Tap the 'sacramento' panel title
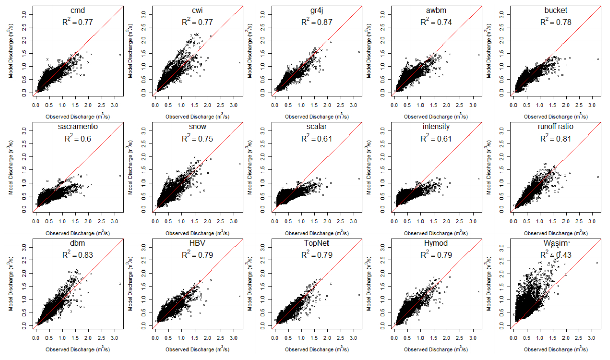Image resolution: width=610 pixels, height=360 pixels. pyautogui.click(x=78, y=127)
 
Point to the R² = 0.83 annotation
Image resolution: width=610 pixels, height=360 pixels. pyautogui.click(x=78, y=255)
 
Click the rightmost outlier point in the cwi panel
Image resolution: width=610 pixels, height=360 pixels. pyautogui.click(x=240, y=62)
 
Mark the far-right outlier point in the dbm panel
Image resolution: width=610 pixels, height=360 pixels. pyautogui.click(x=120, y=284)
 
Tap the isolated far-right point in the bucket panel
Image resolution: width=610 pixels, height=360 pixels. pyautogui.click(x=597, y=59)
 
